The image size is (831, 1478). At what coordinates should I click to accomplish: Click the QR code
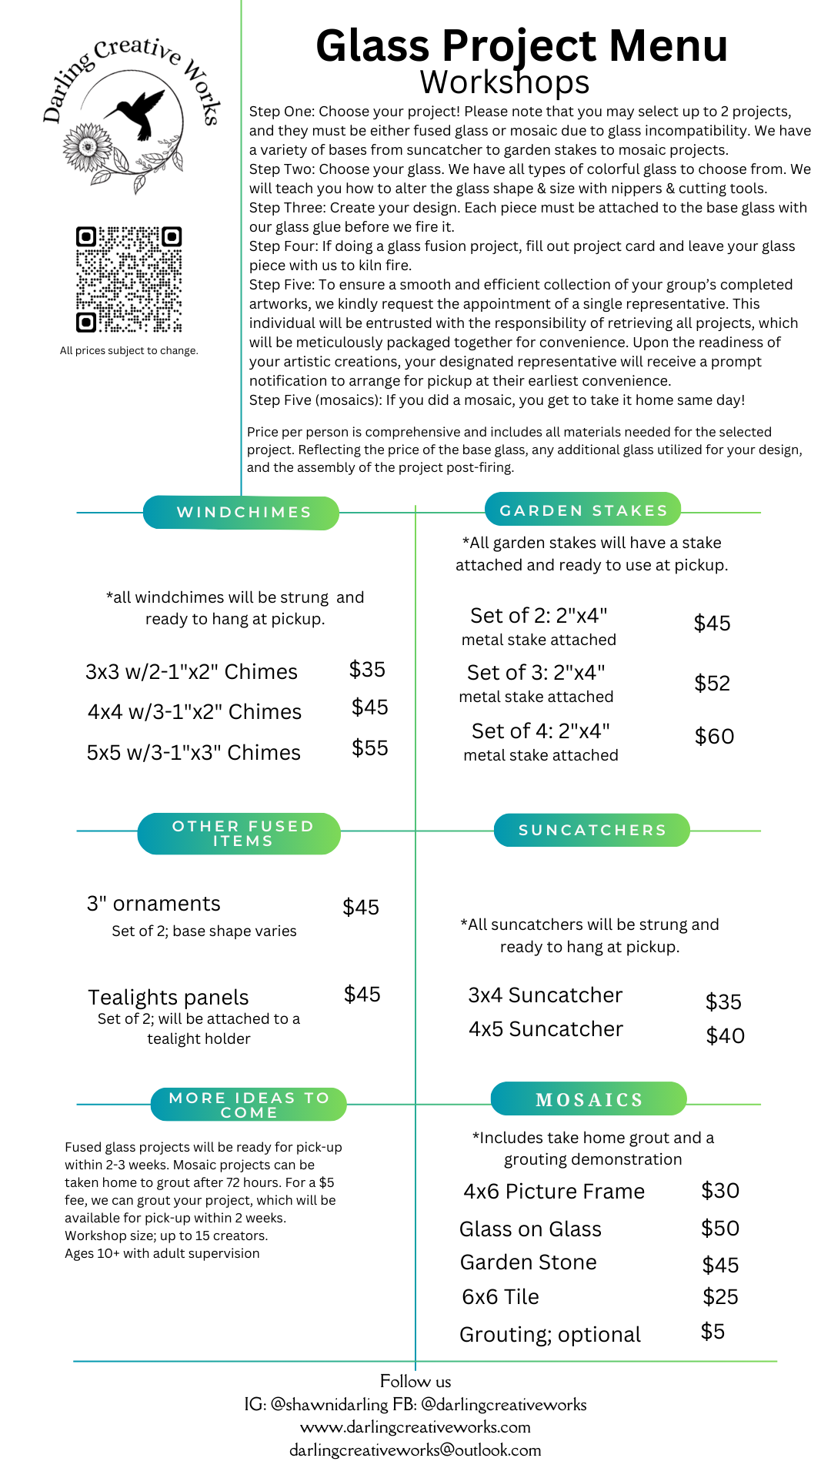point(128,279)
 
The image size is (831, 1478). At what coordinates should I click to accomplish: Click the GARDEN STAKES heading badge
point(583,510)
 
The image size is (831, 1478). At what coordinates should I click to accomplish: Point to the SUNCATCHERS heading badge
point(592,830)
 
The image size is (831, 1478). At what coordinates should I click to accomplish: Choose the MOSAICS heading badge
point(589,1099)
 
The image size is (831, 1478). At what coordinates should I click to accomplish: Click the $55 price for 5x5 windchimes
point(370,748)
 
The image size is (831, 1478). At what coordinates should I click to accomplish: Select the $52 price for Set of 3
point(712,684)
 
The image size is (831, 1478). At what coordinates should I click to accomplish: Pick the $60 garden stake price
point(714,737)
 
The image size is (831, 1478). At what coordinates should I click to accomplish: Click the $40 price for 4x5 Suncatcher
point(725,1036)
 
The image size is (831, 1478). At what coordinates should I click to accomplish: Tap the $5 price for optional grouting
point(713,1332)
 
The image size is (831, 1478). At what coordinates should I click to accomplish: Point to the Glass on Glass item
point(530,1229)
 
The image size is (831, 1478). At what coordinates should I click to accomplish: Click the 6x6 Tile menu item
point(500,1297)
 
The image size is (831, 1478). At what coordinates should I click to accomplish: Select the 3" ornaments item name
point(154,904)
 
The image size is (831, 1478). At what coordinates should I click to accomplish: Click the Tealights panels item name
point(169,998)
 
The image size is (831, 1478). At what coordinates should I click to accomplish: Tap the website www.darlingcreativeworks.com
point(415,1427)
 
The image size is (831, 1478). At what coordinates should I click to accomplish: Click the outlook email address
point(415,1450)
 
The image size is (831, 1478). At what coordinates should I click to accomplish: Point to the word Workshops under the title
point(505,82)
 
